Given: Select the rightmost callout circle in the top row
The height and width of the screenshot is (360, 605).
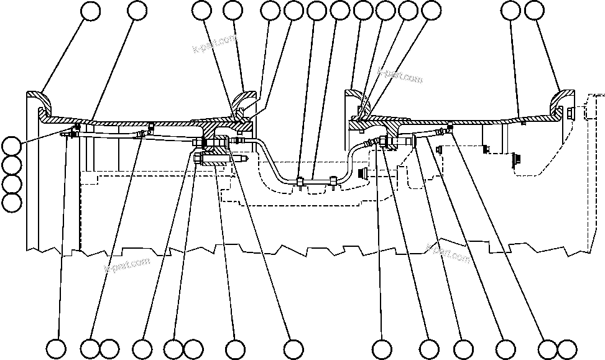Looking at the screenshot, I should (x=535, y=11).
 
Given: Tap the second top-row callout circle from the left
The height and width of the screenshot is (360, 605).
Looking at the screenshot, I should (x=137, y=11).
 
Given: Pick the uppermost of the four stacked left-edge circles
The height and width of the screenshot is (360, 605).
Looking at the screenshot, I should (x=11, y=147).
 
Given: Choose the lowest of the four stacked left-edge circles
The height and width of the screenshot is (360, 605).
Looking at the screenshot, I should (x=11, y=202).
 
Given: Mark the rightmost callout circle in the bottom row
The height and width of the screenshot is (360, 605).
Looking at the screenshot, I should (x=566, y=348).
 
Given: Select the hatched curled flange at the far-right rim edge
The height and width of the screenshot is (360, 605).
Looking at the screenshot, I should (x=563, y=98).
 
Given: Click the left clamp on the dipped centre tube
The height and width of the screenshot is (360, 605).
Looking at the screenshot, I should (x=300, y=182).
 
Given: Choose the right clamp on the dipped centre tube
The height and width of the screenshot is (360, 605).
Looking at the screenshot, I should (x=335, y=181).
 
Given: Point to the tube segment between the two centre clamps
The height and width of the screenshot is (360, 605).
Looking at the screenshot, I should (x=317, y=181).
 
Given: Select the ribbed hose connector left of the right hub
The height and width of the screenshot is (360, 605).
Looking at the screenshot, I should (x=371, y=142).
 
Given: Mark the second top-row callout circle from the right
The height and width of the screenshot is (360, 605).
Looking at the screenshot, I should (x=511, y=11).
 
